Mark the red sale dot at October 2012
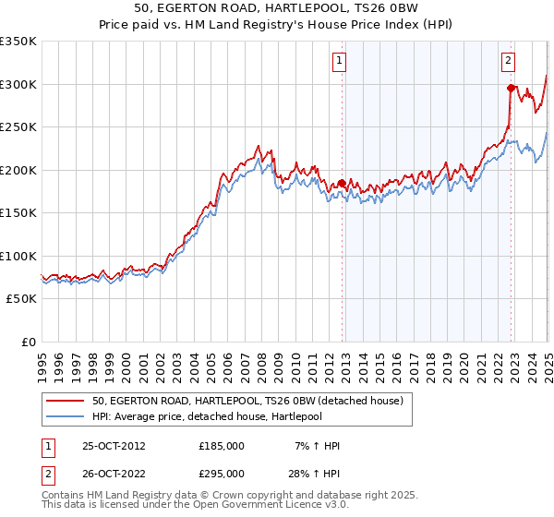coord(342,184)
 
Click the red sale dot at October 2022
coord(511,89)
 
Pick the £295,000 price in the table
coord(222,473)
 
